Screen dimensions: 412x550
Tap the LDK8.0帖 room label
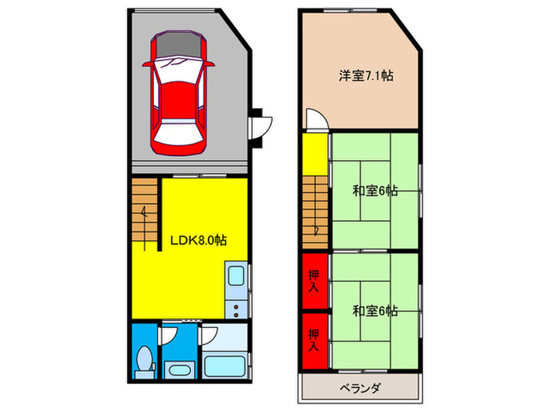(199, 241)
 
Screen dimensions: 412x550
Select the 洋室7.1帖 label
(366, 76)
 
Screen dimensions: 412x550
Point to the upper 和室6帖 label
(375, 190)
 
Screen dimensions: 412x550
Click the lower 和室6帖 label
(375, 311)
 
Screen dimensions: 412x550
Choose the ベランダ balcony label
(361, 388)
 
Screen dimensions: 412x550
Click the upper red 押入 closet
(313, 279)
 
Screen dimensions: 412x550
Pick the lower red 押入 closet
(313, 339)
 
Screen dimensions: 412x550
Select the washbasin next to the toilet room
(180, 370)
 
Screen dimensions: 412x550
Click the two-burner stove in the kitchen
(236, 305)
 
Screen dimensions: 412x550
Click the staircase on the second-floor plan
(313, 210)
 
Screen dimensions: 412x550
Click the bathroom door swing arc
(209, 337)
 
